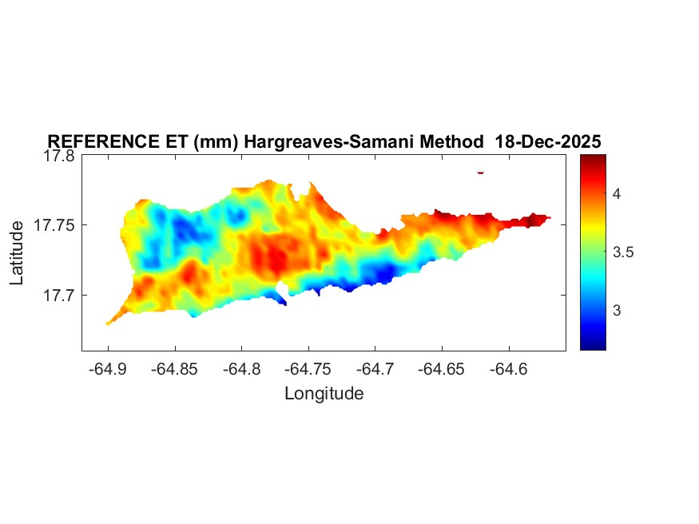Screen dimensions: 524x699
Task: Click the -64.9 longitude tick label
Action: tap(108, 369)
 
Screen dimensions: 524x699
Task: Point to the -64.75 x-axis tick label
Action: tap(309, 369)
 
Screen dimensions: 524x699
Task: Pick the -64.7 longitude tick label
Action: tap(376, 369)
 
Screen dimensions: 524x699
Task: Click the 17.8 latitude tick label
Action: tap(59, 157)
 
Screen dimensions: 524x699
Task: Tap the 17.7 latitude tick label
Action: tap(59, 296)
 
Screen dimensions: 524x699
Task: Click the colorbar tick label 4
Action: tap(617, 194)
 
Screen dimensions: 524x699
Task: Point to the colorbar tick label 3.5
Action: tap(622, 252)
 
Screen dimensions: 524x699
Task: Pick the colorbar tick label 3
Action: tap(617, 311)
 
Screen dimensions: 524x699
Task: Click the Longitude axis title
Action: tap(324, 393)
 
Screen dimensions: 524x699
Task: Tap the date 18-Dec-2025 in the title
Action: tap(548, 141)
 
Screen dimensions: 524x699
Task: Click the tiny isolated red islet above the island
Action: tap(480, 172)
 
